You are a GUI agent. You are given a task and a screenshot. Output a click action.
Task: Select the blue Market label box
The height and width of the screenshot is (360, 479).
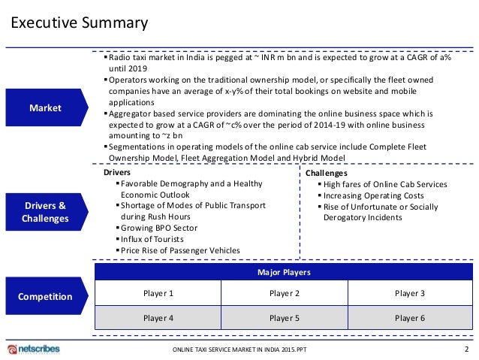coord(45,108)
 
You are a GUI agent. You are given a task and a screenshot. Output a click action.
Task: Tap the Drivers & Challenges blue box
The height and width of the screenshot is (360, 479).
coord(45,212)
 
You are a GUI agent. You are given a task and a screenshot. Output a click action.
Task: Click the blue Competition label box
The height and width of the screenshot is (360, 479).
coord(45,296)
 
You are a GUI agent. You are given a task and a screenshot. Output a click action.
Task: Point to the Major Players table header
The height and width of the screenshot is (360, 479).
coord(283,271)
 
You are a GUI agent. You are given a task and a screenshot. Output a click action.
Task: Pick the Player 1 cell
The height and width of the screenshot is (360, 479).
coord(158,293)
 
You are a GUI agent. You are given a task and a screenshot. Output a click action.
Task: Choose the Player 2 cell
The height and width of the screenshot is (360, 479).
coord(284,293)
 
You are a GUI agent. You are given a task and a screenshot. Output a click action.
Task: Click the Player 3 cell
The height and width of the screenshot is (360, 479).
coord(409,293)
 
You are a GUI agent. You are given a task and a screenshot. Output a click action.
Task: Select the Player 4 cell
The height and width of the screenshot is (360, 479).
coord(158,318)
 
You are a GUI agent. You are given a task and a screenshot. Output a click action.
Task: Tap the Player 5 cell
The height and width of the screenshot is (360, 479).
coord(284,318)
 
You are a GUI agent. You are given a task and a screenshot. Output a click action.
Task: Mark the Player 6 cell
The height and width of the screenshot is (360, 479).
coord(409,318)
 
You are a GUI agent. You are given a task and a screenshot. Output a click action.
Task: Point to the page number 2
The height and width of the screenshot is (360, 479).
coord(466,349)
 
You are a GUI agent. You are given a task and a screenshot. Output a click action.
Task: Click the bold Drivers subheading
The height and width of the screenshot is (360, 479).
coord(117,173)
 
